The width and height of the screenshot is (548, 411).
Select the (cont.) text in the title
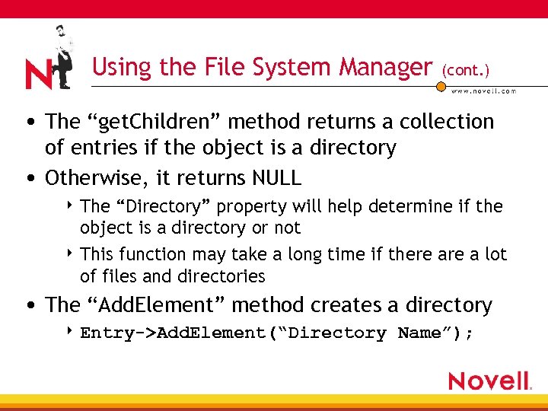[465, 69]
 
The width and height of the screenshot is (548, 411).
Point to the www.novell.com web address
[483, 91]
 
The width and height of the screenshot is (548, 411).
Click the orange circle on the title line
[441, 87]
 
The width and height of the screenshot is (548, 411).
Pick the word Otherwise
[97, 178]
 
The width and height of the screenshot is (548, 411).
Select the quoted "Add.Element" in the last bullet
[155, 305]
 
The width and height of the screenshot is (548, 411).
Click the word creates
[340, 305]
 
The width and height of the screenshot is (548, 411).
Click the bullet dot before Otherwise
[28, 179]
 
